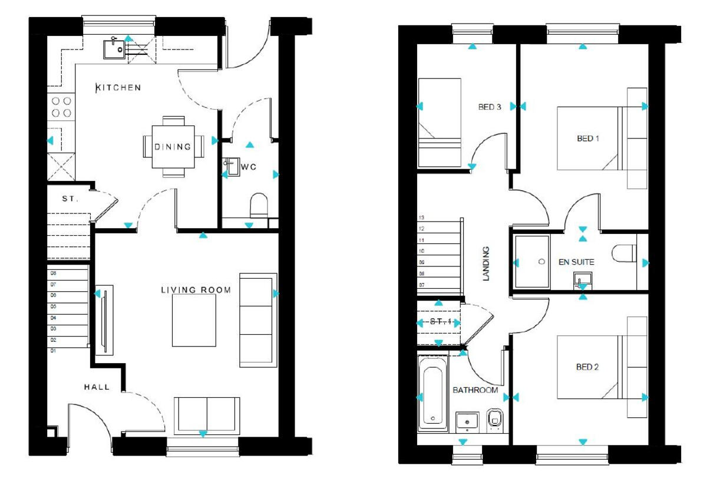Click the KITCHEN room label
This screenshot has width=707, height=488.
(118, 88)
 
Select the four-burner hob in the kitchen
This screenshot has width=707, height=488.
(61, 106)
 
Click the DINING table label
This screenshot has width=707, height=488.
(173, 147)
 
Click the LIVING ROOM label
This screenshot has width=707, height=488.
(196, 290)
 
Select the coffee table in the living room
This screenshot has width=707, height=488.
(194, 320)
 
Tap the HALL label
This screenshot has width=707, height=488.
(96, 387)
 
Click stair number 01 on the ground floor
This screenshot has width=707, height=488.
(53, 351)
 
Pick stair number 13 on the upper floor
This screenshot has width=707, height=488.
(421, 217)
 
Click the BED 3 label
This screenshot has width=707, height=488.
(489, 107)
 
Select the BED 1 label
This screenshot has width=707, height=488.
(587, 139)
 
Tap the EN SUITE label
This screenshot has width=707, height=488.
(577, 262)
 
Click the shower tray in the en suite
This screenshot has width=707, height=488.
(532, 261)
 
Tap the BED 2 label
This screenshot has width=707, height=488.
(587, 367)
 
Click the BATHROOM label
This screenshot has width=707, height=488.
(475, 390)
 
